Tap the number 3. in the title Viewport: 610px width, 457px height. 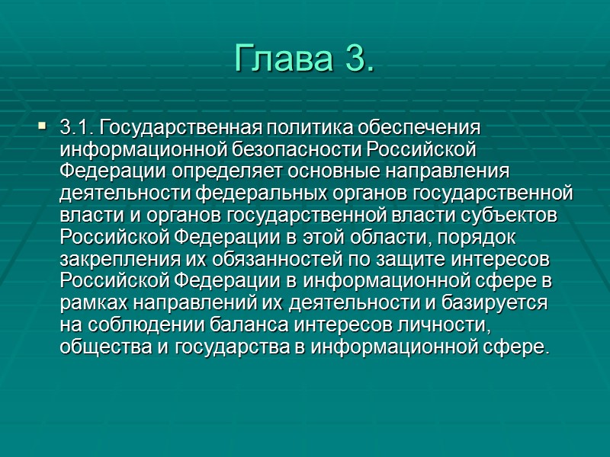coord(355,57)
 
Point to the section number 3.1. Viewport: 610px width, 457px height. coord(77,125)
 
